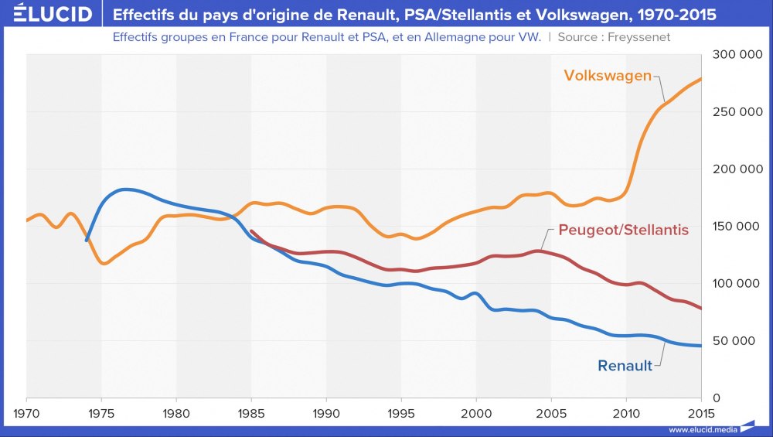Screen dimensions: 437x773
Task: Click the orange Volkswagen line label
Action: pyautogui.click(x=608, y=76)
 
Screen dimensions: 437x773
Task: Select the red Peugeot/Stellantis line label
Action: pyautogui.click(x=623, y=230)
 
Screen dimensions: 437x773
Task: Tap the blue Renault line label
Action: pyautogui.click(x=625, y=366)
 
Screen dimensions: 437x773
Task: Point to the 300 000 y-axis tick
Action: pyautogui.click(x=735, y=55)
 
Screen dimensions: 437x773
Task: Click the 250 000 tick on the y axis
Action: pyautogui.click(x=735, y=112)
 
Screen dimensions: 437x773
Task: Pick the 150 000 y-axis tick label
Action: pyautogui.click(x=735, y=227)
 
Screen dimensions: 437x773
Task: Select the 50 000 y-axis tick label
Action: pyautogui.click(x=738, y=341)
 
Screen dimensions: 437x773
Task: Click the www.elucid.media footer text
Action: pyautogui.click(x=703, y=429)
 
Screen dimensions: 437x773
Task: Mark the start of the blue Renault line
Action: pyautogui.click(x=87, y=241)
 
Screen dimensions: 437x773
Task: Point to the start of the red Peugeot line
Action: pyautogui.click(x=252, y=231)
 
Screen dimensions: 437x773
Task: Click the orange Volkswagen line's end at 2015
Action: pyautogui.click(x=701, y=78)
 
